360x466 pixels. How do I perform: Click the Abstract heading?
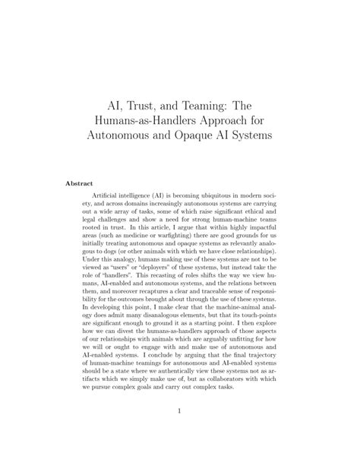click(81, 183)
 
